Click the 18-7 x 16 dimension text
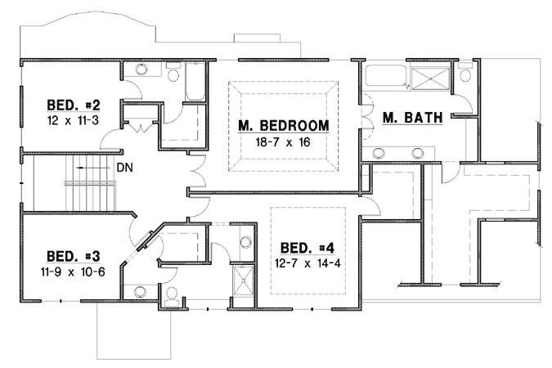coord(283,141)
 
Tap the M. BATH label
coord(412,118)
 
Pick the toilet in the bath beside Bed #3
coord(171,296)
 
